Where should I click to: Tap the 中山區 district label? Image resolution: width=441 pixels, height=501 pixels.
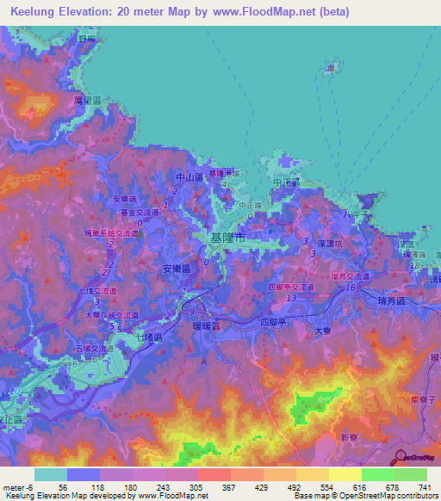point(189,177)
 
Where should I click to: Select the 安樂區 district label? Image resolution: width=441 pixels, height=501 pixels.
point(177,269)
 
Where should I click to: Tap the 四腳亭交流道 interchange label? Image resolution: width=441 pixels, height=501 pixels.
point(289,286)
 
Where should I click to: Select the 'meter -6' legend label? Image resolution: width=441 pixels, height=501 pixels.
point(17,486)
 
